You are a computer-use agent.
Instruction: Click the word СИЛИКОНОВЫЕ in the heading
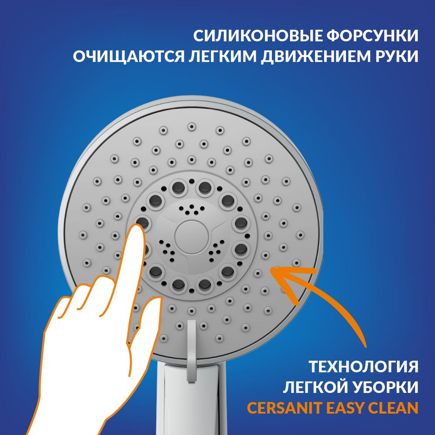(258, 36)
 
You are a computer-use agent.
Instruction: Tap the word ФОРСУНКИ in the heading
(372, 36)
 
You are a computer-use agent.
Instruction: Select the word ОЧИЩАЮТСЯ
(129, 56)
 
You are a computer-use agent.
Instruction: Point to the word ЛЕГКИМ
(223, 56)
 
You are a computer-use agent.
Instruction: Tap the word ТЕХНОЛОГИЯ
(363, 366)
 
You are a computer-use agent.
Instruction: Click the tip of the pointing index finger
(137, 226)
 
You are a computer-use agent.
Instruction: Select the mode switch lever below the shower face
(192, 351)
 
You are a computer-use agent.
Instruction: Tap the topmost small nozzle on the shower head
(191, 127)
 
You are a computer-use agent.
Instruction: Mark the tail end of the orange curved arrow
(366, 347)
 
